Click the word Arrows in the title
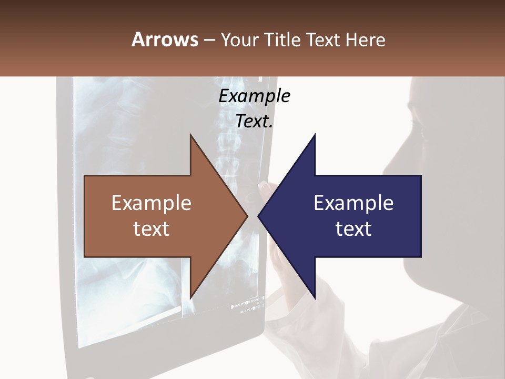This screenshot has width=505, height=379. click(165, 39)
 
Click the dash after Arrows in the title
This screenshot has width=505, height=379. click(209, 40)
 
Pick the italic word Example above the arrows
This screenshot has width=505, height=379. click(254, 96)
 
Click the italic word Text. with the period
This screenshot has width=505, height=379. click(254, 121)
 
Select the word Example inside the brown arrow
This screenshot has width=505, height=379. click(151, 203)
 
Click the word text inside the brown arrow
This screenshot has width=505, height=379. click(151, 229)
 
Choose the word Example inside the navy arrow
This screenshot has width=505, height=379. click(353, 203)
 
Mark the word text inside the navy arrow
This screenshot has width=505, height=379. click(353, 229)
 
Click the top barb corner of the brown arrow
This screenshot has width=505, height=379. click(190, 135)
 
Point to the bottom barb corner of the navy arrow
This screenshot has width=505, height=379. click(315, 297)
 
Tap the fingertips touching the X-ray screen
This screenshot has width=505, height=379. click(263, 185)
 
